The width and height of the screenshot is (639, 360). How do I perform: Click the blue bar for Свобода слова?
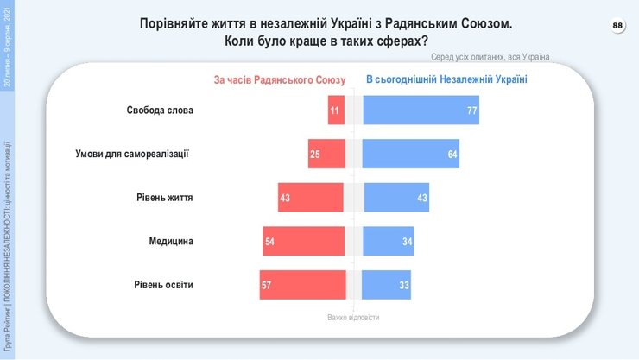click(x=421, y=111)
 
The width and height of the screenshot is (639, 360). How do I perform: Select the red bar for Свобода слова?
click(x=335, y=111)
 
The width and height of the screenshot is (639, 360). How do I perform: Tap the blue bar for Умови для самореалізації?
click(x=410, y=154)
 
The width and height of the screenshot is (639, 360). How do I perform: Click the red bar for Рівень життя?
click(x=311, y=198)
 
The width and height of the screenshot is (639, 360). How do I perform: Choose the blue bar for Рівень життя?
click(x=396, y=198)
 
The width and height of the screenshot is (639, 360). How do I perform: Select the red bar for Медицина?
click(x=303, y=241)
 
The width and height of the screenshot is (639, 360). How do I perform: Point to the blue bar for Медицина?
click(x=389, y=241)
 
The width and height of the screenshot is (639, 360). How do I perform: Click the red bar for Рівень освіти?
click(x=301, y=284)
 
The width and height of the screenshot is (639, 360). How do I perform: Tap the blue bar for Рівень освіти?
click(x=388, y=284)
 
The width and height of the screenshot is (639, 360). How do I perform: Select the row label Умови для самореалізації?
click(x=132, y=154)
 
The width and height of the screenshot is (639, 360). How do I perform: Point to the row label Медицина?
click(x=171, y=241)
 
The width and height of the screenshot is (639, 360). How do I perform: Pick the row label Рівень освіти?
click(x=164, y=284)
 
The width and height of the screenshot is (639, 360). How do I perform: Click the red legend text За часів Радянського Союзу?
click(x=280, y=79)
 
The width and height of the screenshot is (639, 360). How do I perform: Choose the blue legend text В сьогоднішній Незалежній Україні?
click(x=446, y=79)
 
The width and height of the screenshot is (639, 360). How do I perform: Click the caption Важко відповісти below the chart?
click(x=353, y=318)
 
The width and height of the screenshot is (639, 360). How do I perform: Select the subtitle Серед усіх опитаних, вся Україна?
click(x=490, y=57)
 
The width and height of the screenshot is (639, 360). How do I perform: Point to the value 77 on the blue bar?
click(x=471, y=111)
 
